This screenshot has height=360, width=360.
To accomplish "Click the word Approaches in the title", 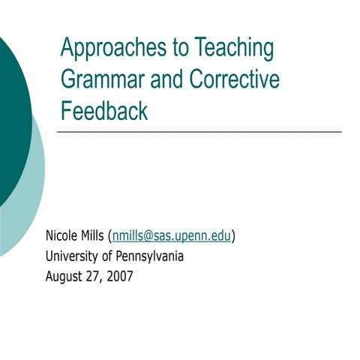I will coord(106,49).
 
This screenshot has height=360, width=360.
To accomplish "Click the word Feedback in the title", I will coord(104,111).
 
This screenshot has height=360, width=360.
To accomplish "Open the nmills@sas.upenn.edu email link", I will coord(172,236).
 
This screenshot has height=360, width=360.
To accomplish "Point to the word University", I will coord(73,256).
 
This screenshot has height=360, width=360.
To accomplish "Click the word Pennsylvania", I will coord(149,256).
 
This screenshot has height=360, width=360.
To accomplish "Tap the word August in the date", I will coord(64,275).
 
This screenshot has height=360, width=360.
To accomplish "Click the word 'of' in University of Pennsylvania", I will coord(107,256).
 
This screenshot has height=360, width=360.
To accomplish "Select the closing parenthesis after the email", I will coord(233,236).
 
